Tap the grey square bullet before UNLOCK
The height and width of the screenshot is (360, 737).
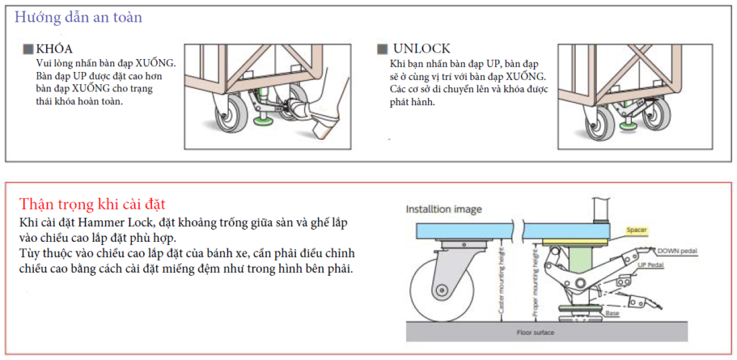pyautogui.click(x=382, y=49)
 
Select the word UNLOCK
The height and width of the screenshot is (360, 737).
pyautogui.click(x=422, y=49)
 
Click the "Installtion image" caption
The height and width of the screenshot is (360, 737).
pyautogui.click(x=443, y=210)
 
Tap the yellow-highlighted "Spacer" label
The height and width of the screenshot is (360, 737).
pyautogui.click(x=636, y=230)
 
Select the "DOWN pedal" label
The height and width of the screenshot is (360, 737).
pyautogui.click(x=677, y=251)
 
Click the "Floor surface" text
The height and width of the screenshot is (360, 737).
pyautogui.click(x=535, y=333)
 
